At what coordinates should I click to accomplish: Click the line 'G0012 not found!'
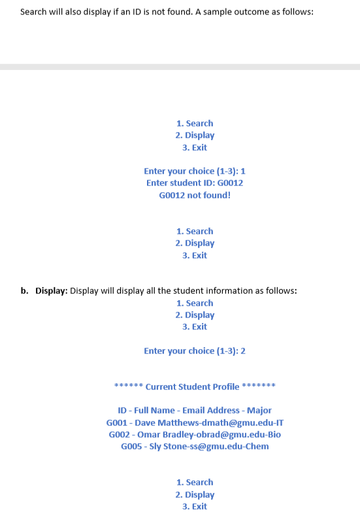tap(195, 195)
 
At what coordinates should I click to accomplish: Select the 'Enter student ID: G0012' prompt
tap(195, 183)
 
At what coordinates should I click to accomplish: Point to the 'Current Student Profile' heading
tap(192, 387)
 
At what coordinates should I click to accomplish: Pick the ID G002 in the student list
tap(118, 435)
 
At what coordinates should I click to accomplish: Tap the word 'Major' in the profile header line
tap(259, 411)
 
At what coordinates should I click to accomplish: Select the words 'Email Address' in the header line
tap(211, 411)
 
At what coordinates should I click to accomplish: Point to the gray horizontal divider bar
tap(180, 67)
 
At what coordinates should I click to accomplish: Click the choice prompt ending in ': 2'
tap(195, 351)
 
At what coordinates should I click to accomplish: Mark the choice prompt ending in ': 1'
tap(195, 171)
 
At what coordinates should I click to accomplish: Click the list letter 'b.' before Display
tap(25, 291)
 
